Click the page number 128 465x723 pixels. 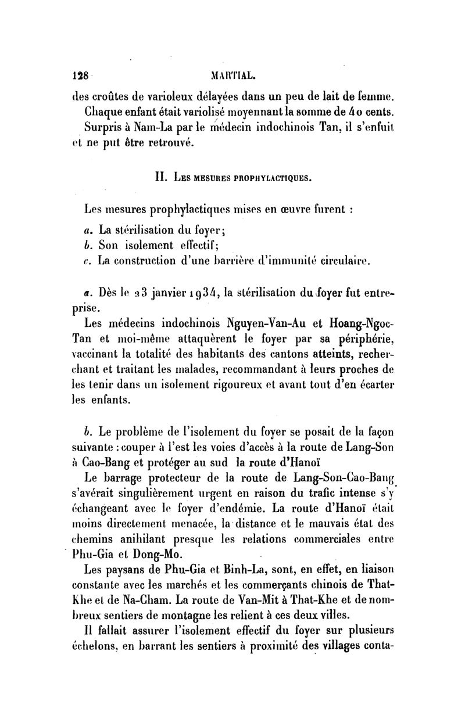pyautogui.click(x=78, y=75)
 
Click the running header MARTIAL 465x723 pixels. pyautogui.click(x=230, y=75)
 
